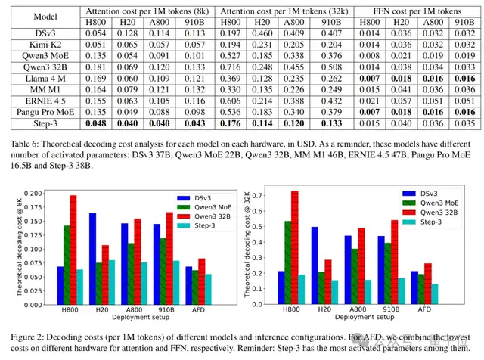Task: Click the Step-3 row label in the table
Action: (39, 122)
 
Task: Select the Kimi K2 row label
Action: (39, 45)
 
